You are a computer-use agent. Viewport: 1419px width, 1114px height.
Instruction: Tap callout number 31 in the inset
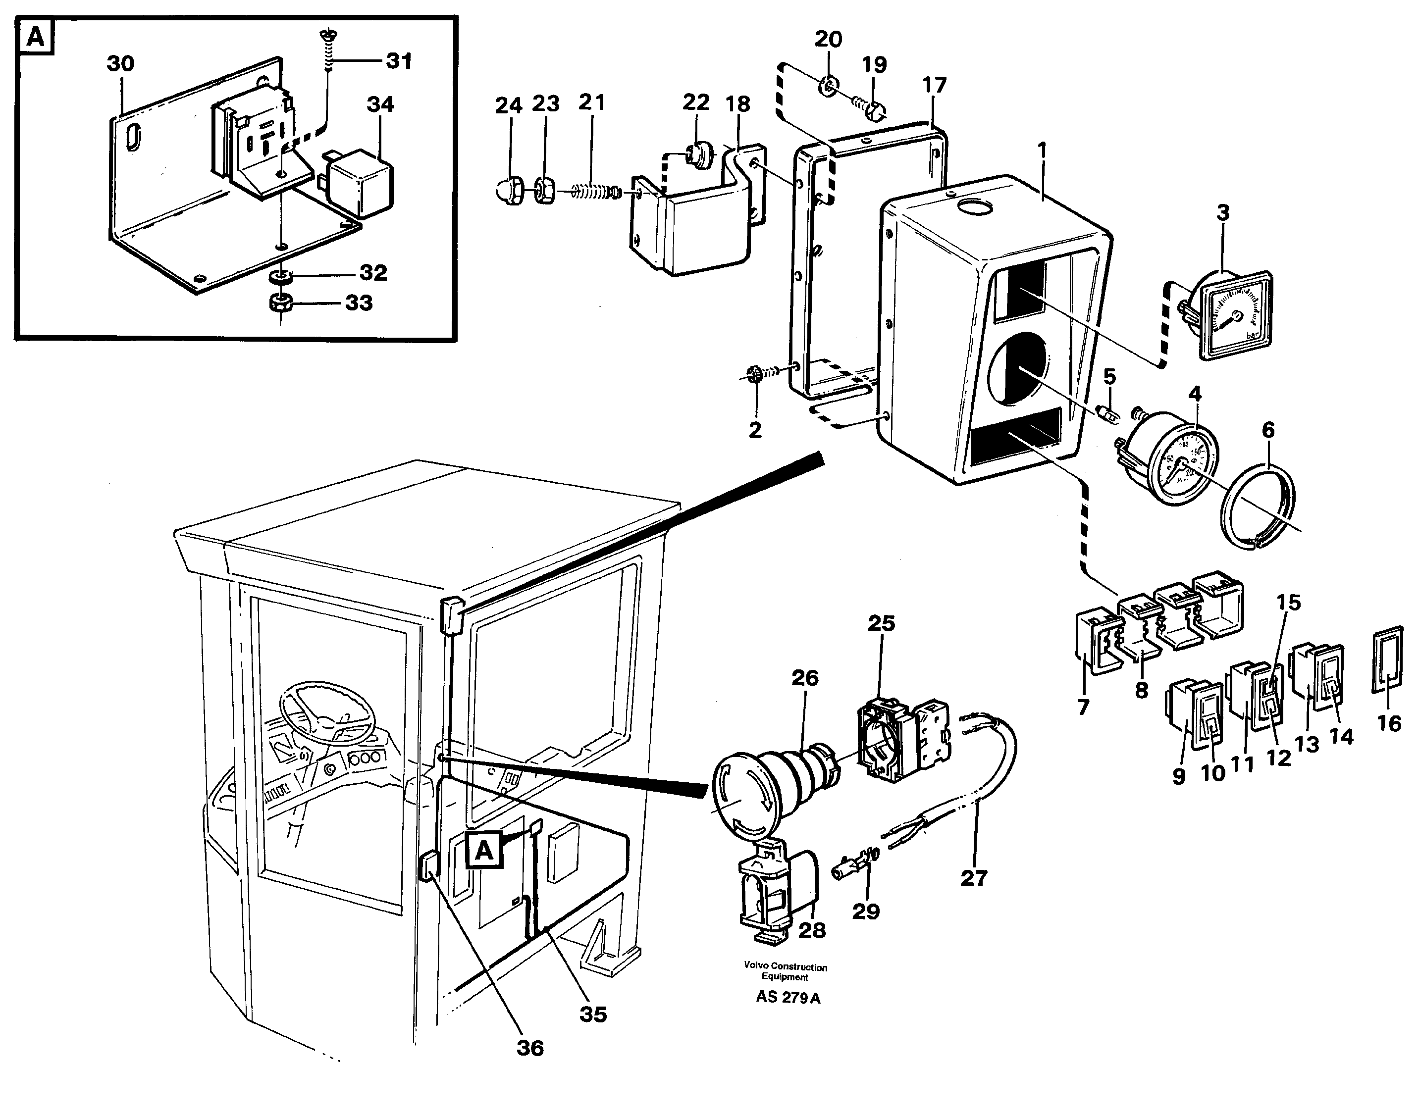(x=399, y=61)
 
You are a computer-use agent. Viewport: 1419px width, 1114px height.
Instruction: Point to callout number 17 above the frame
(x=934, y=86)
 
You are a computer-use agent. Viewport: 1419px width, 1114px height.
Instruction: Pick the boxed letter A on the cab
(x=483, y=851)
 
